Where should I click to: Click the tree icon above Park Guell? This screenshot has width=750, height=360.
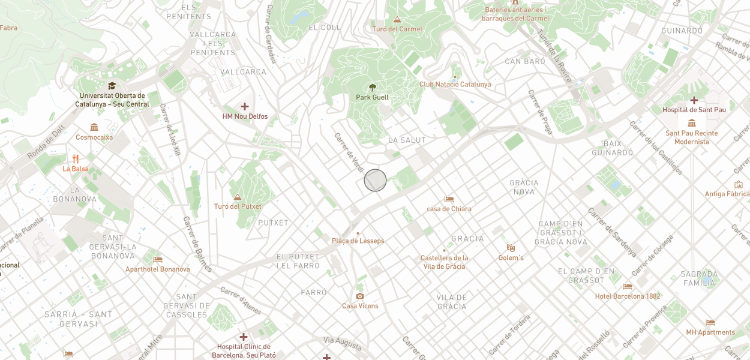373,87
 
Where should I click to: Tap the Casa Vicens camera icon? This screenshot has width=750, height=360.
360,296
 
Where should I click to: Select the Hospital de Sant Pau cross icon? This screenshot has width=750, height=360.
694,100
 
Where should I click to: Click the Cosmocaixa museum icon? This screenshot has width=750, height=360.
94,127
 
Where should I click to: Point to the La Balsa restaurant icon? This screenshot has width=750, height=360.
76,159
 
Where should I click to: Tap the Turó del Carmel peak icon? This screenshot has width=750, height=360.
397,19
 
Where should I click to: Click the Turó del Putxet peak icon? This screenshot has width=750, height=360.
238,197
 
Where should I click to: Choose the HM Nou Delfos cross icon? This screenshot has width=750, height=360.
245,106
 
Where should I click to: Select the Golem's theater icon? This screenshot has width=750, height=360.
511,248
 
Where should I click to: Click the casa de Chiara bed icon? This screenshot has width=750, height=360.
449,199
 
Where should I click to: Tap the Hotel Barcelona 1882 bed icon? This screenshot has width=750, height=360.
628,286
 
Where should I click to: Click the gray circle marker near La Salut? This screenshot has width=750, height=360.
375,181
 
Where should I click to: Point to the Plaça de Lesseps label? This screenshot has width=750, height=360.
358,241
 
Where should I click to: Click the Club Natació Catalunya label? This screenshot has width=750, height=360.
455,85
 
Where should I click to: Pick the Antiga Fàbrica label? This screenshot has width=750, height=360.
727,194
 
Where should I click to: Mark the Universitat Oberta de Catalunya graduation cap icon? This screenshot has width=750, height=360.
112,86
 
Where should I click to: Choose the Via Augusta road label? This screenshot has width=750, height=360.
343,343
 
